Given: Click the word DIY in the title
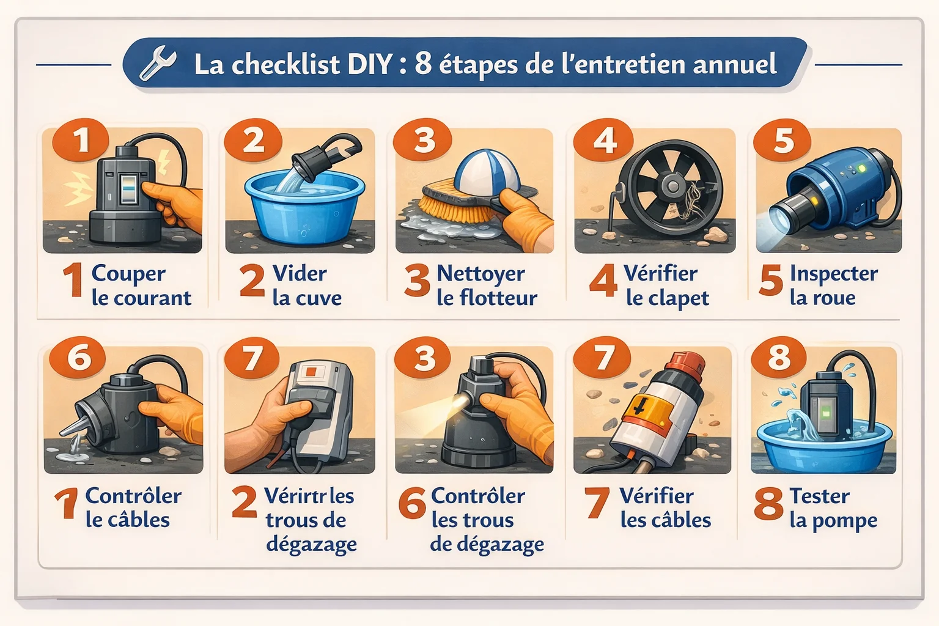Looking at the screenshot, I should [x=369, y=64].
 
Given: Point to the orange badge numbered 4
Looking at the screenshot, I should [x=603, y=141].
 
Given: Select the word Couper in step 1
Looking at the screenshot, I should [x=128, y=274].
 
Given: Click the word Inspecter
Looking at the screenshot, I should [x=834, y=274].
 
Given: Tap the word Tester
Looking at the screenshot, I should [x=819, y=496].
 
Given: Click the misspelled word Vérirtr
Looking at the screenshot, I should [x=295, y=496].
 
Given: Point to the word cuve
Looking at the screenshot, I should [x=320, y=298].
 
